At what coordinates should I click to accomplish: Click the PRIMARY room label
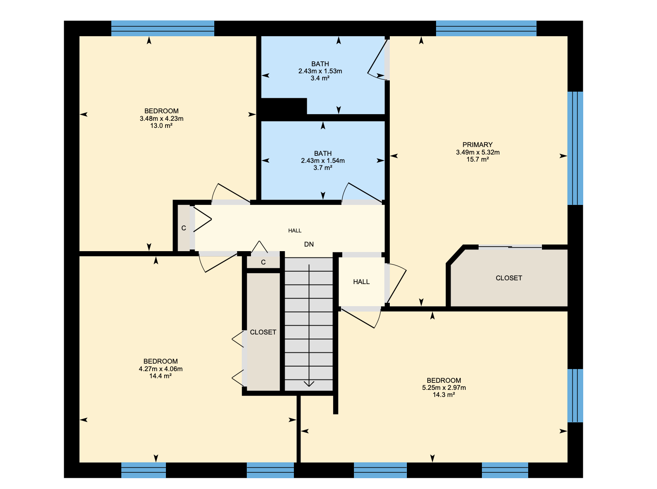click(477, 145)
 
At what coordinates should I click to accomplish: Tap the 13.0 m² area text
click(161, 125)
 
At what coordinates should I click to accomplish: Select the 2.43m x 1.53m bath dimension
click(320, 71)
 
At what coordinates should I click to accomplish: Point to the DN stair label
click(308, 244)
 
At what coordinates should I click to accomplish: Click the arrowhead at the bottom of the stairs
click(309, 384)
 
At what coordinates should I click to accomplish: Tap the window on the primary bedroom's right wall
click(575, 148)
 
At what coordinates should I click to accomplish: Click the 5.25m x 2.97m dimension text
click(444, 387)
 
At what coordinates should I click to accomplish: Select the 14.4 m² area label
click(160, 376)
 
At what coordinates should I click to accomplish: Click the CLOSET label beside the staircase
click(263, 332)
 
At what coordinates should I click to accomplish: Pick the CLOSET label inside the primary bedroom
click(509, 278)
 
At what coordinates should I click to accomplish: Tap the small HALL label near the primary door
click(361, 282)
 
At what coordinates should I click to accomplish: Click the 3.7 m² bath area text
click(323, 168)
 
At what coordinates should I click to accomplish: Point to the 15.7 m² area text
click(477, 159)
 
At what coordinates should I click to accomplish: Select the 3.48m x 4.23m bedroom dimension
click(161, 118)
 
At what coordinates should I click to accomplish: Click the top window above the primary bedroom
click(486, 28)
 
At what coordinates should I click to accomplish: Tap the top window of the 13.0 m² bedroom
click(163, 28)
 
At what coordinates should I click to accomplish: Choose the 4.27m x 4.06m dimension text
click(160, 369)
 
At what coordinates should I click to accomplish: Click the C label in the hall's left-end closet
click(184, 228)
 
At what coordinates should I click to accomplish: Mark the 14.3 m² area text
click(444, 394)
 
